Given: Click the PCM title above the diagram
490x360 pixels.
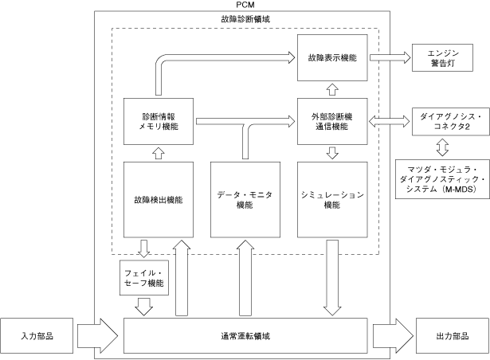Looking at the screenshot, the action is (245, 5).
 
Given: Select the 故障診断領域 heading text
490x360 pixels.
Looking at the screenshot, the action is (245, 19).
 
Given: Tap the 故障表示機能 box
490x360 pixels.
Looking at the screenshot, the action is (332, 58).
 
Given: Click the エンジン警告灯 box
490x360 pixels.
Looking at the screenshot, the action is (442, 58).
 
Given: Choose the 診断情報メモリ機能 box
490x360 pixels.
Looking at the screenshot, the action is (159, 122).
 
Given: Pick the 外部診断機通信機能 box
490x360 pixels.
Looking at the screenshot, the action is (332, 122).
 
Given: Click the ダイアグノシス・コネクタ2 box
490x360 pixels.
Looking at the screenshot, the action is (451, 122).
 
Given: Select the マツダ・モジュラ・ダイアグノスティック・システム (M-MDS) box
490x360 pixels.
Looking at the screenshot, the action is (442, 179).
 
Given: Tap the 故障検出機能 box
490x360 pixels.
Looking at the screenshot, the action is (159, 200).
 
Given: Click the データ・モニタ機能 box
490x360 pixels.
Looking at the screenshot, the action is (245, 200).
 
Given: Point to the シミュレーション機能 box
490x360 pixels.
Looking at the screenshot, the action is (332, 200).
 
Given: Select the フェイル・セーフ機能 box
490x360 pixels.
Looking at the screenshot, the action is (144, 278).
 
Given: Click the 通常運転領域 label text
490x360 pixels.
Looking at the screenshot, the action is (245, 336).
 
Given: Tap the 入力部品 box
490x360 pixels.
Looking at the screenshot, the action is (37, 336).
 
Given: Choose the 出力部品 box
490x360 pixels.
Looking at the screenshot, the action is (453, 336).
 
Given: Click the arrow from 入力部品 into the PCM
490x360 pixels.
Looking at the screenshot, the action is (97, 336).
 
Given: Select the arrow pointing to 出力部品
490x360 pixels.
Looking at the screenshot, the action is (393, 336).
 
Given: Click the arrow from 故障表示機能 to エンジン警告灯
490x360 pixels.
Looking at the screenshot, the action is (390, 58).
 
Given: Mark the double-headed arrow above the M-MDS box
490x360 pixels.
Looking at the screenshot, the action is (442, 147).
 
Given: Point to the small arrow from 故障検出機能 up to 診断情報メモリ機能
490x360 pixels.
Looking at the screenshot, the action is (159, 154).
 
